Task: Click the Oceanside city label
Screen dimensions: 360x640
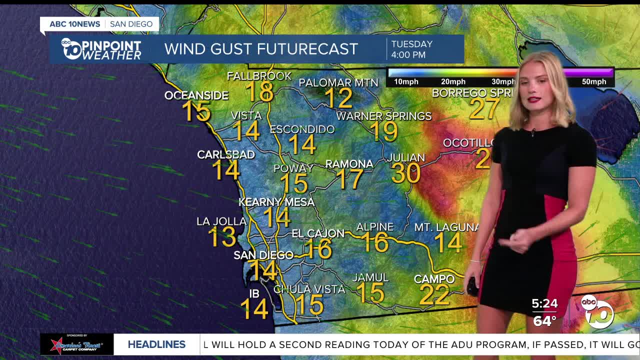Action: [x=196, y=95]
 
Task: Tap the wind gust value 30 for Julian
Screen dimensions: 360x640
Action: [x=405, y=173]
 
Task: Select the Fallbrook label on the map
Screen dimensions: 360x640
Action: [x=259, y=76]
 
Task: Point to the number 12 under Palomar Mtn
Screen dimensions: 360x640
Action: [x=338, y=98]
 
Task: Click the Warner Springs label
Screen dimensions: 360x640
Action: [x=383, y=116]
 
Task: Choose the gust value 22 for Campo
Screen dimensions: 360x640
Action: [x=434, y=294]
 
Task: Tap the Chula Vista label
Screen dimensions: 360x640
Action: [x=309, y=289]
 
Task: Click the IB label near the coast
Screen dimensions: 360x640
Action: [x=254, y=293]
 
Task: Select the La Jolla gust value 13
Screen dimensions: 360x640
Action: [x=221, y=237]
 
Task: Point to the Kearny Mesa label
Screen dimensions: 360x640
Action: [x=276, y=202]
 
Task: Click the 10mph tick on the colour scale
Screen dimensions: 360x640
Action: [x=406, y=81]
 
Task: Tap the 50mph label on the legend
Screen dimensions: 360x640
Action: [x=594, y=81]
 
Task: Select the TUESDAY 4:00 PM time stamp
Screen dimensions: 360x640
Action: [x=411, y=49]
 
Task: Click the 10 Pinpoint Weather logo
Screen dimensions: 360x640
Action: [x=101, y=49]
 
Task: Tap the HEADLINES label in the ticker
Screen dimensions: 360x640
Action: [x=156, y=344]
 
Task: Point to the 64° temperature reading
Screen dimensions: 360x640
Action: [x=544, y=320]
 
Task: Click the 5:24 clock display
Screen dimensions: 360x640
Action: [x=544, y=303]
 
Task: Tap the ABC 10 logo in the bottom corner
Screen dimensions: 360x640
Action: [x=597, y=311]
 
